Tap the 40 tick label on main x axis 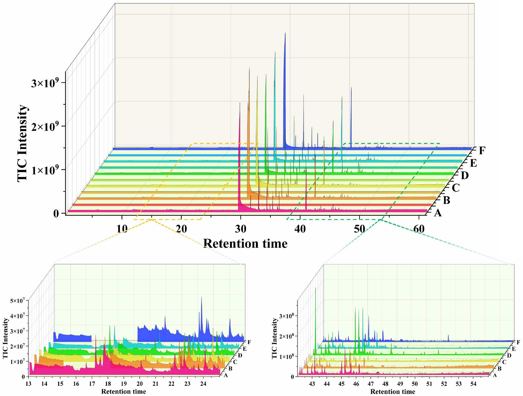tap(300, 229)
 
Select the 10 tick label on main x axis tap(122, 229)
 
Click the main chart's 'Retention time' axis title tap(245, 244)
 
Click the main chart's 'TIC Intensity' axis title tap(22, 143)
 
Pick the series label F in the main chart tap(482, 151)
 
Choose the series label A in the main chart tap(438, 213)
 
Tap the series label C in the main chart tap(456, 188)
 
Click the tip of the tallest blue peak tap(285, 33)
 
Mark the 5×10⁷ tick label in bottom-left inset tap(17, 301)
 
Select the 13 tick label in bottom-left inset tap(28, 384)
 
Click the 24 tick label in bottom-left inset tap(203, 384)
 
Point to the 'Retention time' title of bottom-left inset tap(123, 392)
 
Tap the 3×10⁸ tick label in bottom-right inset tap(286, 316)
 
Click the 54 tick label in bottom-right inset tap(473, 384)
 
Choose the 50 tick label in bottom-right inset tap(414, 384)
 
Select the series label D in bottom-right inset tap(509, 355)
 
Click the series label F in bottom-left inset tap(249, 342)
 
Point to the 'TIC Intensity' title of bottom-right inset tap(274, 339)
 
